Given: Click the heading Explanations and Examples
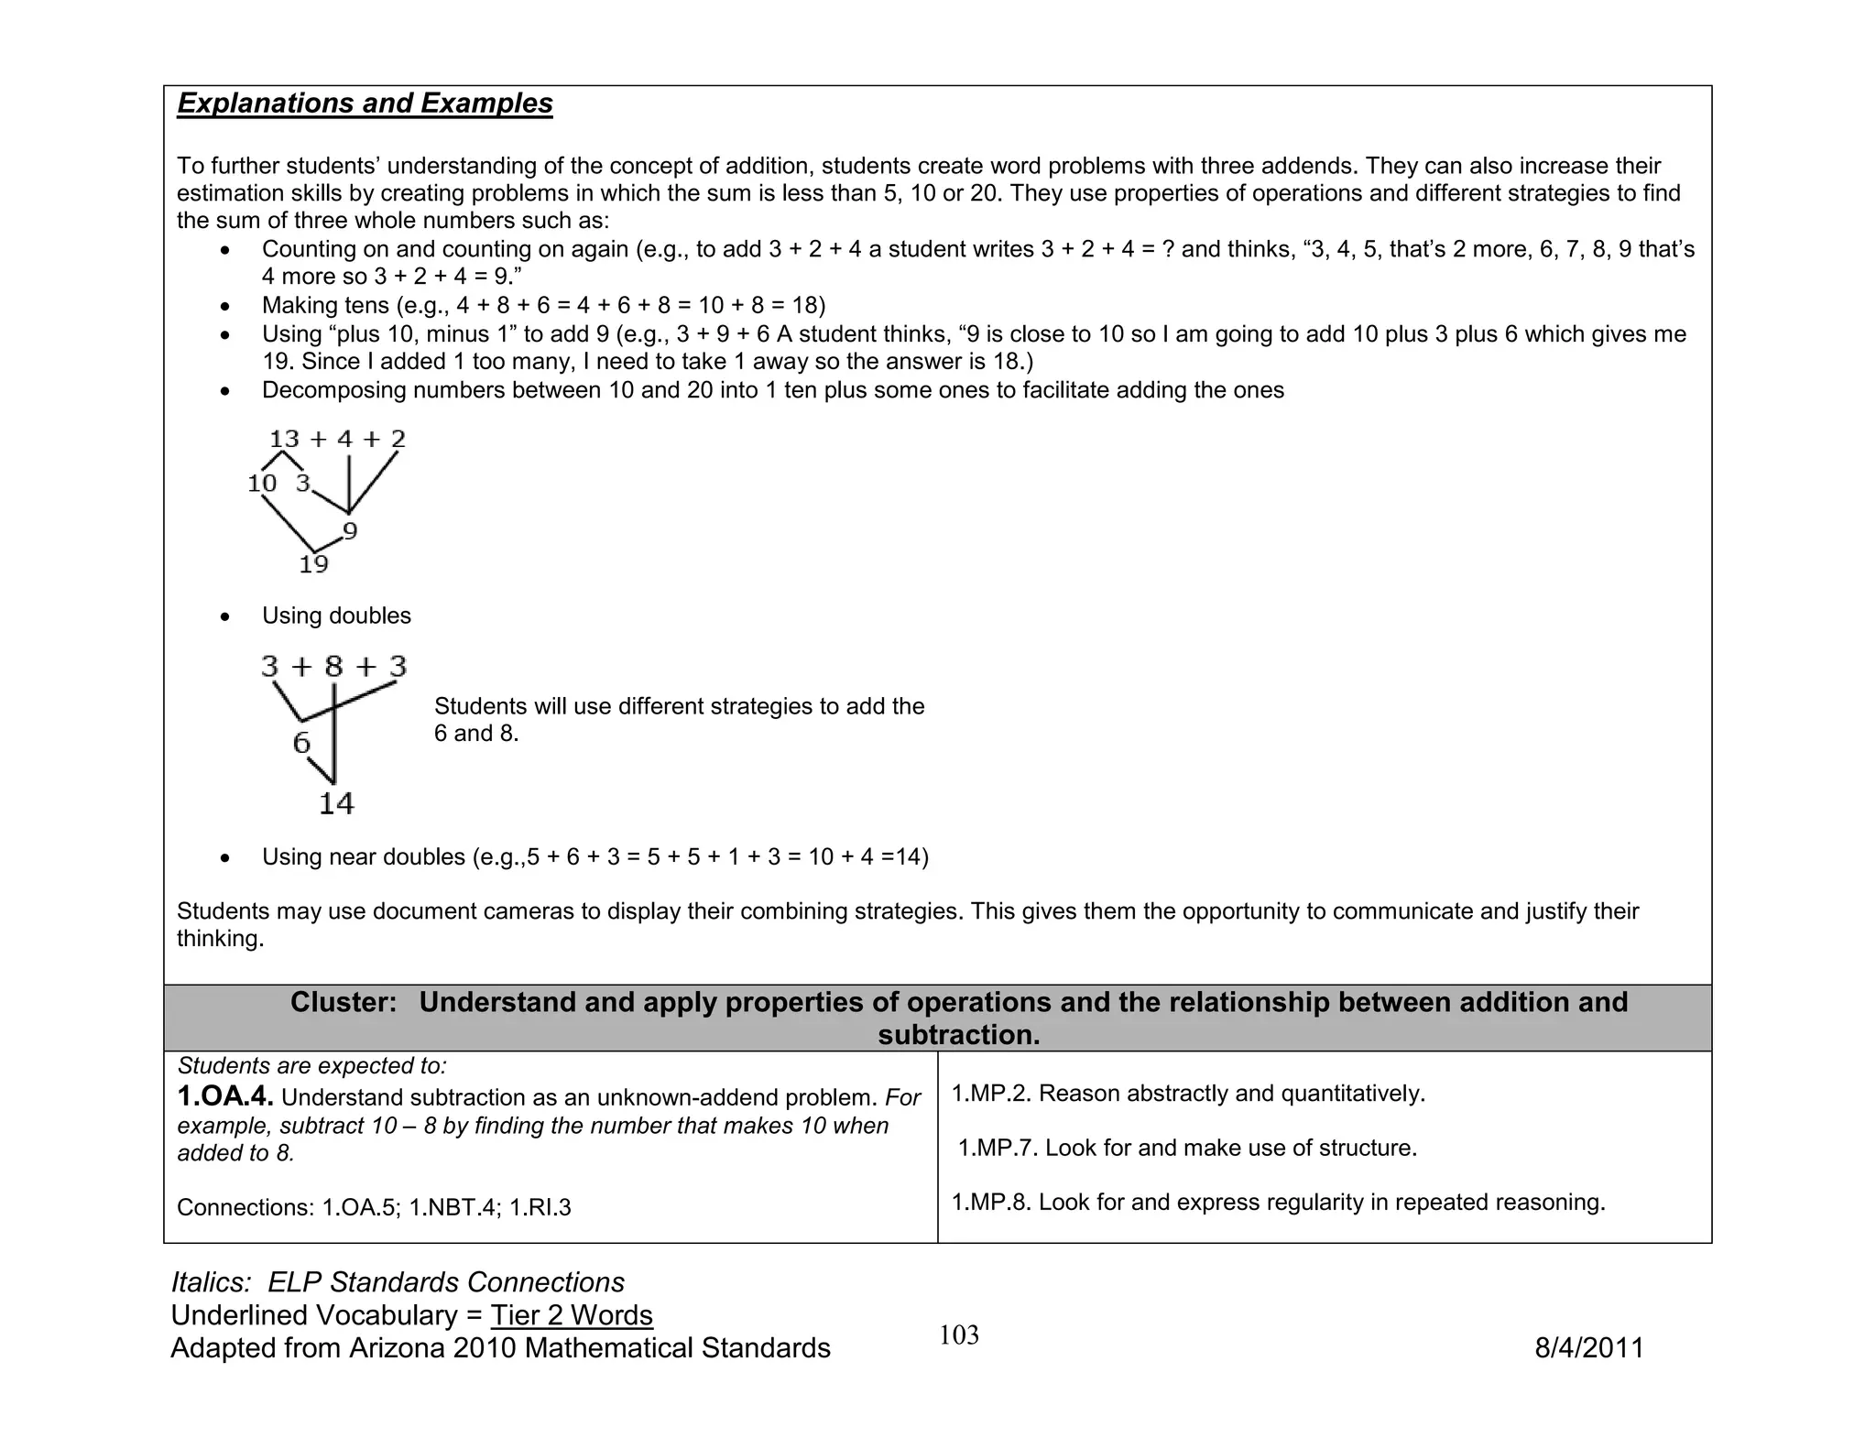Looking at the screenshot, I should coord(365,103).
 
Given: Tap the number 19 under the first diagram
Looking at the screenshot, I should coord(313,564).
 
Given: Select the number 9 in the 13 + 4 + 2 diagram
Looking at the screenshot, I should coord(350,530).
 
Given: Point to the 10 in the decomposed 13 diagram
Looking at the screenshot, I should coord(262,483).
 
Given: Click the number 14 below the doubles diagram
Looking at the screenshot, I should coord(336,803).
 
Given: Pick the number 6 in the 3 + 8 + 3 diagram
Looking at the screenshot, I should coord(301,743).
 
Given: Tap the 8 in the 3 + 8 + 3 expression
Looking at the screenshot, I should coord(333,666).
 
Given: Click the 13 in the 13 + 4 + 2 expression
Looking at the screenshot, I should coord(285,439).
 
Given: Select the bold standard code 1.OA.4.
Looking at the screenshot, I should coord(225,1096).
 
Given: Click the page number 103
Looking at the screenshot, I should coord(959,1335).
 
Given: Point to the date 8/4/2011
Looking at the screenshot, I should coord(1589,1348).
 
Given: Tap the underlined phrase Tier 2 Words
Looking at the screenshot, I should coord(572,1315).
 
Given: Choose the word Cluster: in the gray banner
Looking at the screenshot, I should coord(344,1002).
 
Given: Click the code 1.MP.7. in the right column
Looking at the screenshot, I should coord(998,1148).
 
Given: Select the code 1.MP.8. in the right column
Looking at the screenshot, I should coord(991,1202).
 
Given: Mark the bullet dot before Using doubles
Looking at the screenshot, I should coord(225,617).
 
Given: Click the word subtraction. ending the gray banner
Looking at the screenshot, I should coord(959,1035).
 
